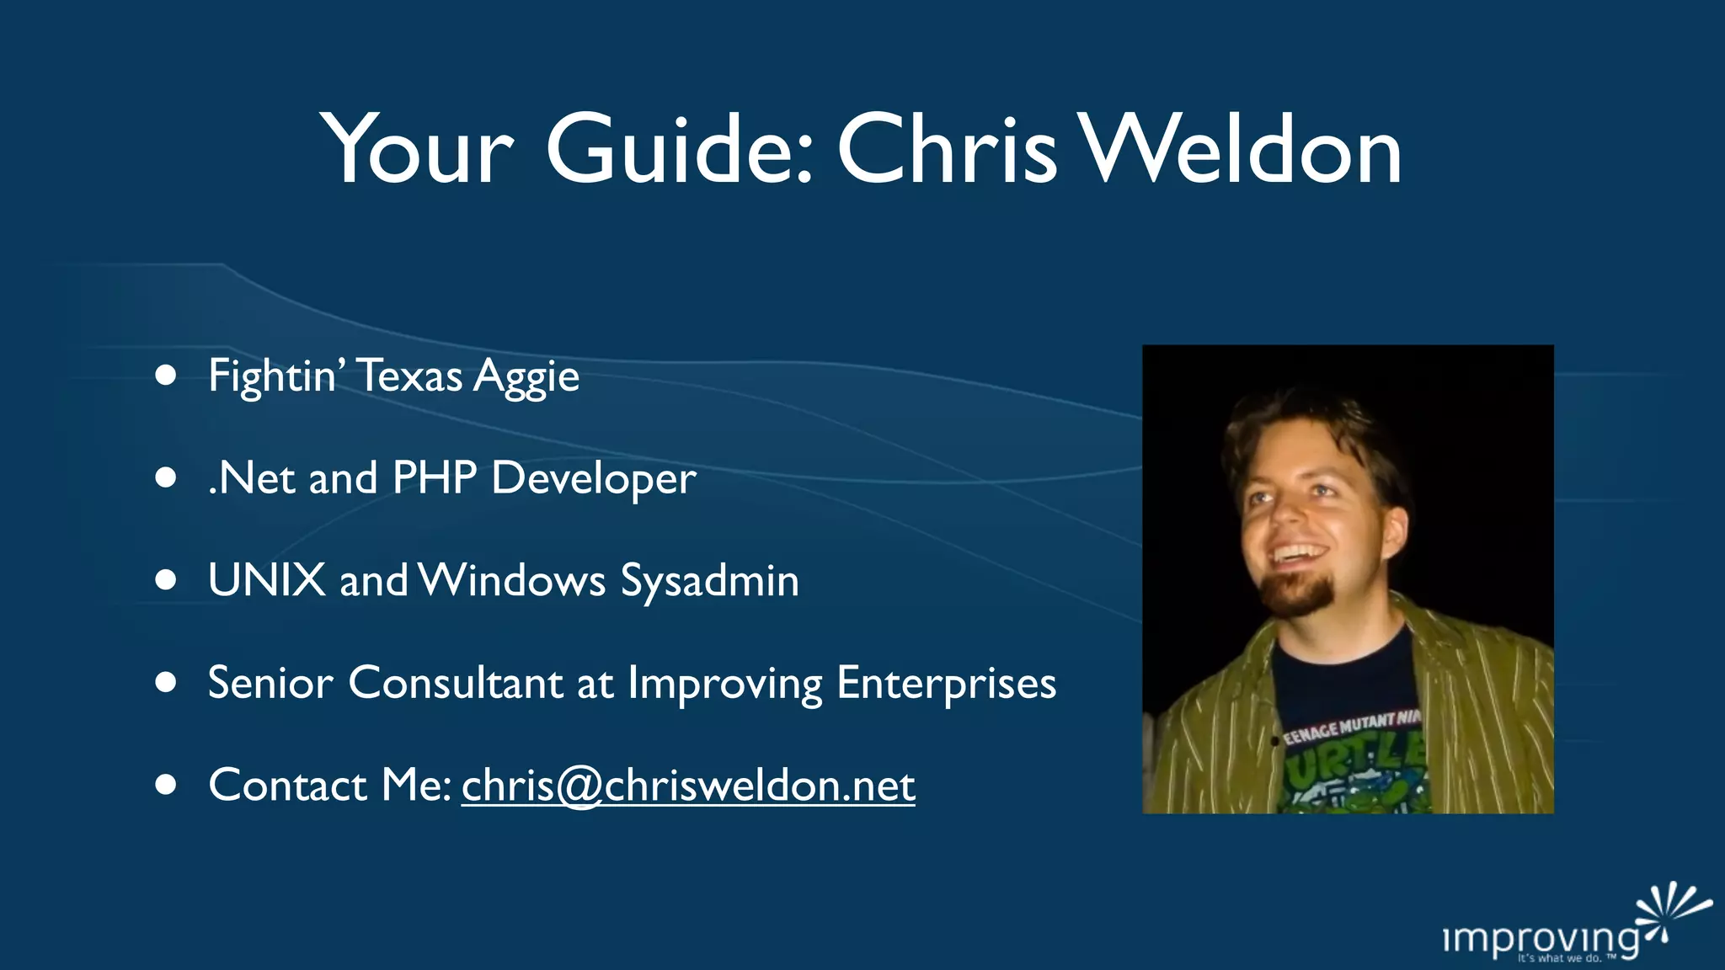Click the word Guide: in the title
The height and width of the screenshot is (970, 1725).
(680, 150)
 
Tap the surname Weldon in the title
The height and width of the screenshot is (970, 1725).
(1241, 150)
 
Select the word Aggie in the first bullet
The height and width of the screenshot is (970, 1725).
(526, 376)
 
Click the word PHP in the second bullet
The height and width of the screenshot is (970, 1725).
(435, 477)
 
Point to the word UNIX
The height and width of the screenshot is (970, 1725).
(266, 580)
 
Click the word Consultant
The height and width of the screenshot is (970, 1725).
(455, 683)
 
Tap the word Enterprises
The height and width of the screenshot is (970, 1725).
(946, 684)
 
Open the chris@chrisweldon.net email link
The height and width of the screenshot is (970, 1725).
(687, 786)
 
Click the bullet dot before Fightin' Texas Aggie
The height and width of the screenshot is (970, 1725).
(166, 375)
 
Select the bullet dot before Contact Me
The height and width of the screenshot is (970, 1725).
(166, 785)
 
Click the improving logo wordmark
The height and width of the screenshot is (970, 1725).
(1540, 938)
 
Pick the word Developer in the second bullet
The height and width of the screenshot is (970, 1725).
(593, 479)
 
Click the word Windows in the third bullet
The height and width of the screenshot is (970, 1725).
(512, 580)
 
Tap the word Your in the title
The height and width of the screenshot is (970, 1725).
(417, 150)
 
